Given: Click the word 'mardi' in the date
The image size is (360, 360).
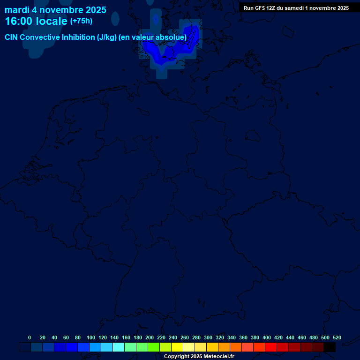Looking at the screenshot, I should [x=17, y=10].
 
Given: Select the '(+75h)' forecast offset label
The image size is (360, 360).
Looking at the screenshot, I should [x=81, y=21].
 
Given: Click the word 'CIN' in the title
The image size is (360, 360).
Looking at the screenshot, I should [x=11, y=37].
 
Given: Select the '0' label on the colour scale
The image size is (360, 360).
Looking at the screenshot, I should [x=30, y=337].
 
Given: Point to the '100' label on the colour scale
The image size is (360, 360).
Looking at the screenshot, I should [x=90, y=337].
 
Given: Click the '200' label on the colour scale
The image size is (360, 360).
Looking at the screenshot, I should [x=149, y=337].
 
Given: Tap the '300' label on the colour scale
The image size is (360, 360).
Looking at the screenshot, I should [x=208, y=337].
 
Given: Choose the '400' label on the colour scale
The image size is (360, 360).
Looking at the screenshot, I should [x=266, y=337].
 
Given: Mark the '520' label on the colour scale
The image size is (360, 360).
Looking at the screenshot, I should [x=337, y=337].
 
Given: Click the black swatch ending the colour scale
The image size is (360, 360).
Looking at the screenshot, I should [x=330, y=347].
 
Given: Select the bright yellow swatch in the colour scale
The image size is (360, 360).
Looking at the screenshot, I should [x=177, y=347].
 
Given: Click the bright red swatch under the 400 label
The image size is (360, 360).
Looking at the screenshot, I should [x=271, y=347].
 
